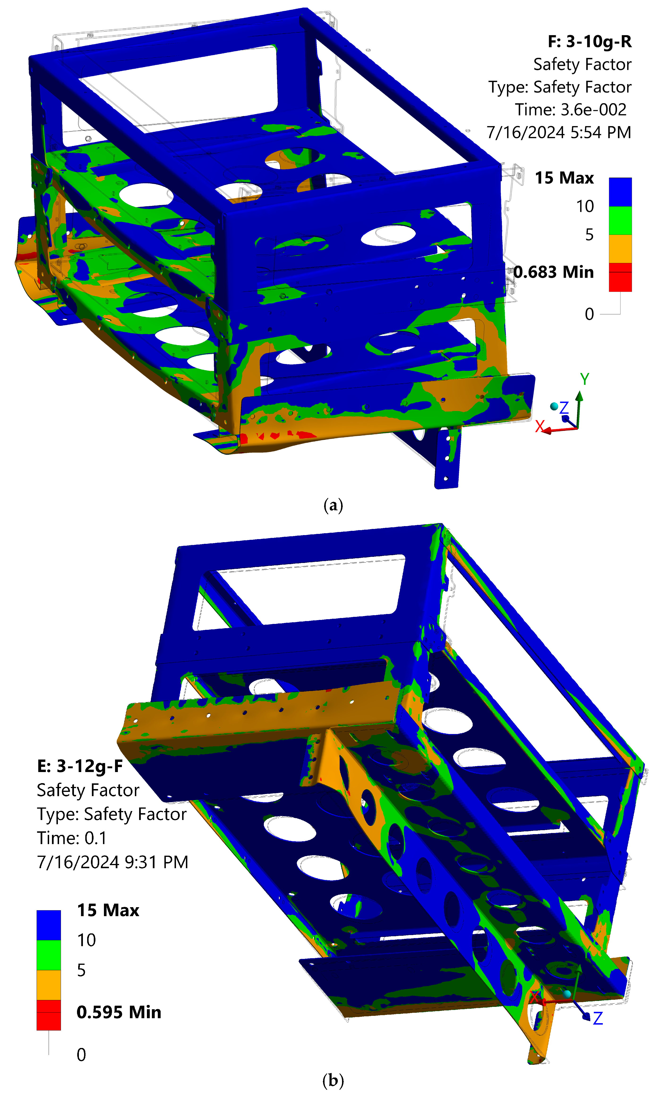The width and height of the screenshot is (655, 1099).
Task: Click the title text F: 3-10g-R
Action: [x=590, y=42]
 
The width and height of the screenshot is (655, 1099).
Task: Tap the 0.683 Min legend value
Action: [x=553, y=272]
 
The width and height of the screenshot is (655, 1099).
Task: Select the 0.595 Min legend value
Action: [x=119, y=1012]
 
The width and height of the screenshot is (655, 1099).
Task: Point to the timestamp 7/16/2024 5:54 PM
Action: [x=559, y=132]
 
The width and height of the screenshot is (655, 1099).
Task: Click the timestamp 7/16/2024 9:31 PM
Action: [x=112, y=862]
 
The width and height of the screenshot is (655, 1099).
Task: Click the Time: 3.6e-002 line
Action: [x=571, y=109]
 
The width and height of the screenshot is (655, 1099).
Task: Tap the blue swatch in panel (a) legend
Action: [x=620, y=192]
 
